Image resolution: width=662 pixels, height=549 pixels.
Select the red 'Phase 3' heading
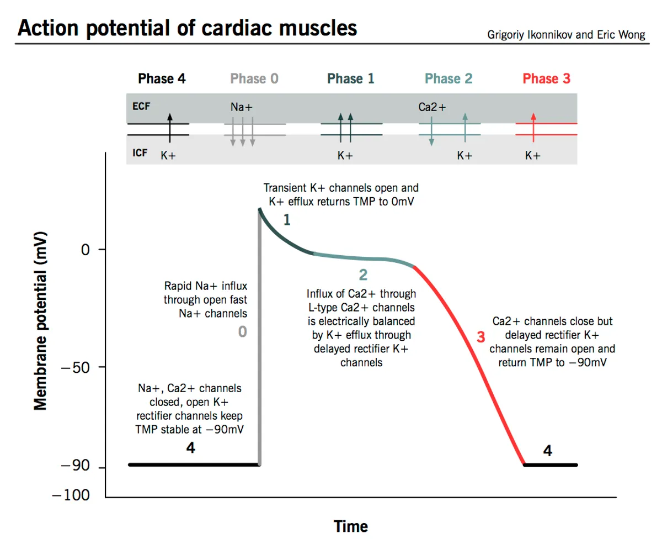click(546, 79)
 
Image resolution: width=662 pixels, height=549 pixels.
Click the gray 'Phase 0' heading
click(254, 79)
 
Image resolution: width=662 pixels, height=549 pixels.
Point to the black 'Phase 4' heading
click(162, 79)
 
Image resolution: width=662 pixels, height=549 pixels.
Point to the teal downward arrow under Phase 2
click(431, 133)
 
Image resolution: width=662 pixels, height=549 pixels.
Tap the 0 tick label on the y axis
click(85, 250)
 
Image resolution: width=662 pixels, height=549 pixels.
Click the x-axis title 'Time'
click(350, 526)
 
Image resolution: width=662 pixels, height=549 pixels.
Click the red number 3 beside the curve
click(481, 337)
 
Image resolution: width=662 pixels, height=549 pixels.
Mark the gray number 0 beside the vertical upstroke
click(242, 332)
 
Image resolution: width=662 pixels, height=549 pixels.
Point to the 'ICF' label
click(140, 153)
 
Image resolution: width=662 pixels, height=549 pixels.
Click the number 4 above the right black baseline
click(547, 451)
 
